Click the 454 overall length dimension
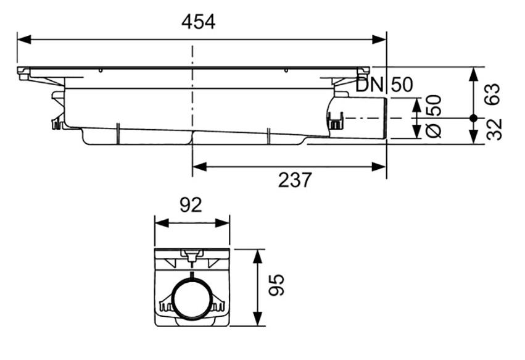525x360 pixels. coord(198,22)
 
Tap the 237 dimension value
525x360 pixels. coord(295,180)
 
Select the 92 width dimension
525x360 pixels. coord(191,205)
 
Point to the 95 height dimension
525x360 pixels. coord(276,285)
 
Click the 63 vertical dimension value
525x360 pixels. coord(493,94)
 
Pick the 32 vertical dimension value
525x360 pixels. coord(494,130)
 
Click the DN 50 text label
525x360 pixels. coord(384,85)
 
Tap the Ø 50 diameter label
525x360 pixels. coord(434,116)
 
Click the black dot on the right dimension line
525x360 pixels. coord(473,118)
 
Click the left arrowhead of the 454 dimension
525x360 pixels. coord(24,40)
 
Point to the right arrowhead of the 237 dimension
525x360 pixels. coord(379,167)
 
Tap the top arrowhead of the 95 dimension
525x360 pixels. coord(257,256)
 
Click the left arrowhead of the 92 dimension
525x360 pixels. coord(162,223)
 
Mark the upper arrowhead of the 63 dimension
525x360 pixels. coord(473,75)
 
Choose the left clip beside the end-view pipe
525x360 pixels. coord(166,304)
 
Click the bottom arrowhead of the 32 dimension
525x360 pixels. coord(473,136)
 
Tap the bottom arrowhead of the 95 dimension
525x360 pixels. coord(257,319)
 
